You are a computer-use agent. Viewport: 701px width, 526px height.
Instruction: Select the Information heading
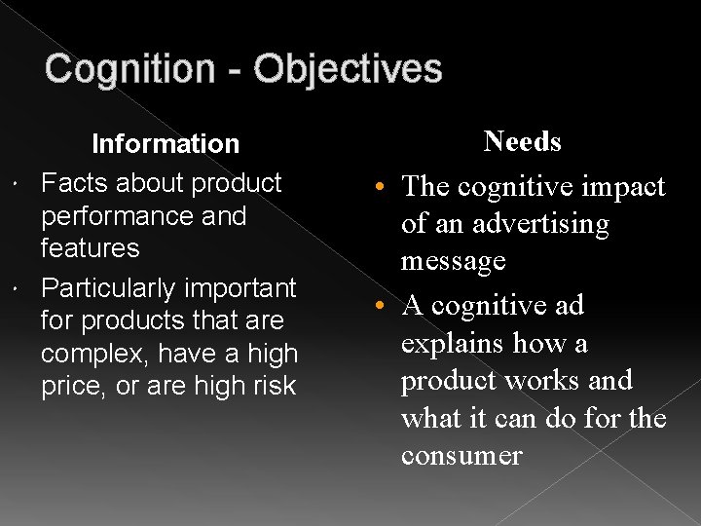pos(165,144)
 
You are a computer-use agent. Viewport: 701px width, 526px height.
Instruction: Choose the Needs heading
pos(523,142)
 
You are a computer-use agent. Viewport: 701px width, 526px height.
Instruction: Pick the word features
pos(90,248)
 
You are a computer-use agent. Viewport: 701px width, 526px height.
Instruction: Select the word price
pos(68,387)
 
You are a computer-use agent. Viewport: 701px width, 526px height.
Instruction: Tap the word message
pos(454,261)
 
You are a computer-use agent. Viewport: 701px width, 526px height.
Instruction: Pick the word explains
pos(451,344)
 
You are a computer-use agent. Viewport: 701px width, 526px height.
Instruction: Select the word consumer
pos(461,455)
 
